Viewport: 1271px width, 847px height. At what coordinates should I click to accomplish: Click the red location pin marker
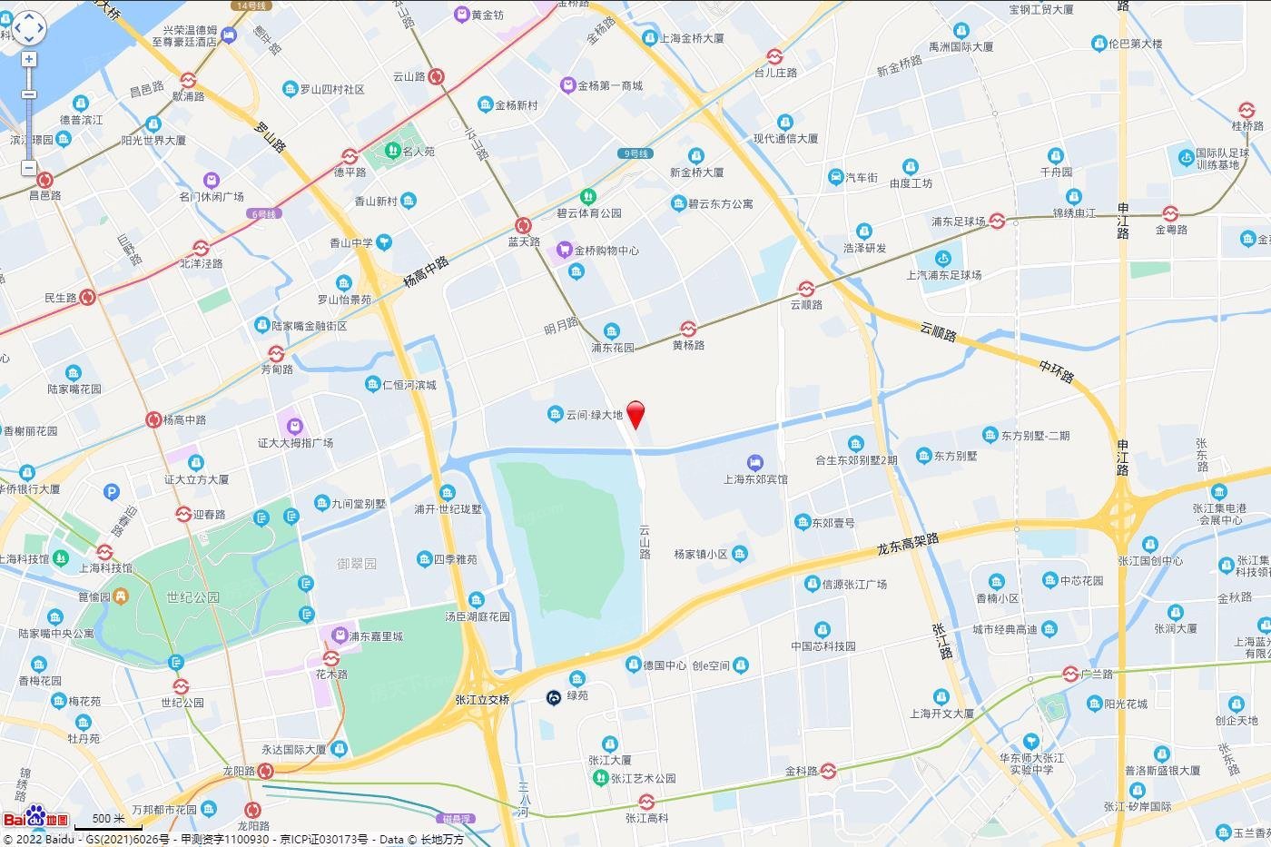[x=636, y=413]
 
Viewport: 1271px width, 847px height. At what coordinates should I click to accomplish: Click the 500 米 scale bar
[x=108, y=822]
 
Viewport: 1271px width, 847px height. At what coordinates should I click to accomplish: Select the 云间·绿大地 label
[x=594, y=415]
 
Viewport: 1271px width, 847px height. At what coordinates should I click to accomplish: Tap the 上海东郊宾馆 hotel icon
[x=754, y=462]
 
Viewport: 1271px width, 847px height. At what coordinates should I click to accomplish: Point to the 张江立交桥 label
[x=482, y=700]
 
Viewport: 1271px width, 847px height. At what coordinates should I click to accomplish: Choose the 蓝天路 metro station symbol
[x=523, y=225]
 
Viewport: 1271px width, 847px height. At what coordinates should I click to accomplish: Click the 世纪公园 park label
[x=192, y=597]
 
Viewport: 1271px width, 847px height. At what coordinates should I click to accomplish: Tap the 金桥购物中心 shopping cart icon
[x=565, y=249]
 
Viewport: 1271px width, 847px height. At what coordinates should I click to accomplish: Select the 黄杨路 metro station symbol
[x=689, y=329]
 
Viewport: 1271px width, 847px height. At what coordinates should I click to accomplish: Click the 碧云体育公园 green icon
[x=588, y=196]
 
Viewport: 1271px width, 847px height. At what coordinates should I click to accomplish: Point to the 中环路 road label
[x=1057, y=369]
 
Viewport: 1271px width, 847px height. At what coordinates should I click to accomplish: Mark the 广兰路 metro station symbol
[x=1071, y=674]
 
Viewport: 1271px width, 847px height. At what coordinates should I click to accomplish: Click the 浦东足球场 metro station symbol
[x=997, y=221]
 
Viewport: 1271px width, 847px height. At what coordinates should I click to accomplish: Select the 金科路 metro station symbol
[x=828, y=771]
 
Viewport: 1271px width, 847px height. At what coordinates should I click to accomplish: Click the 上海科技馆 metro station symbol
[x=104, y=552]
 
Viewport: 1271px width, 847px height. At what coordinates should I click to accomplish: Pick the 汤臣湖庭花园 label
[x=477, y=616]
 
